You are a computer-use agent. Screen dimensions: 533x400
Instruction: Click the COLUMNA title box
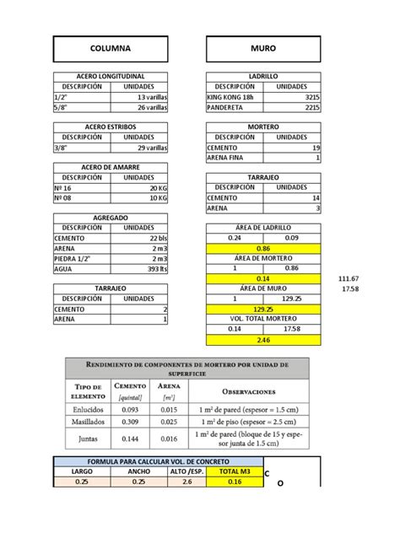coord(111,48)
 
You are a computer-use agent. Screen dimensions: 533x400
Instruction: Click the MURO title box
coord(262,48)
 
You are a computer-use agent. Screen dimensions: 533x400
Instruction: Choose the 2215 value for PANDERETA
coord(292,107)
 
